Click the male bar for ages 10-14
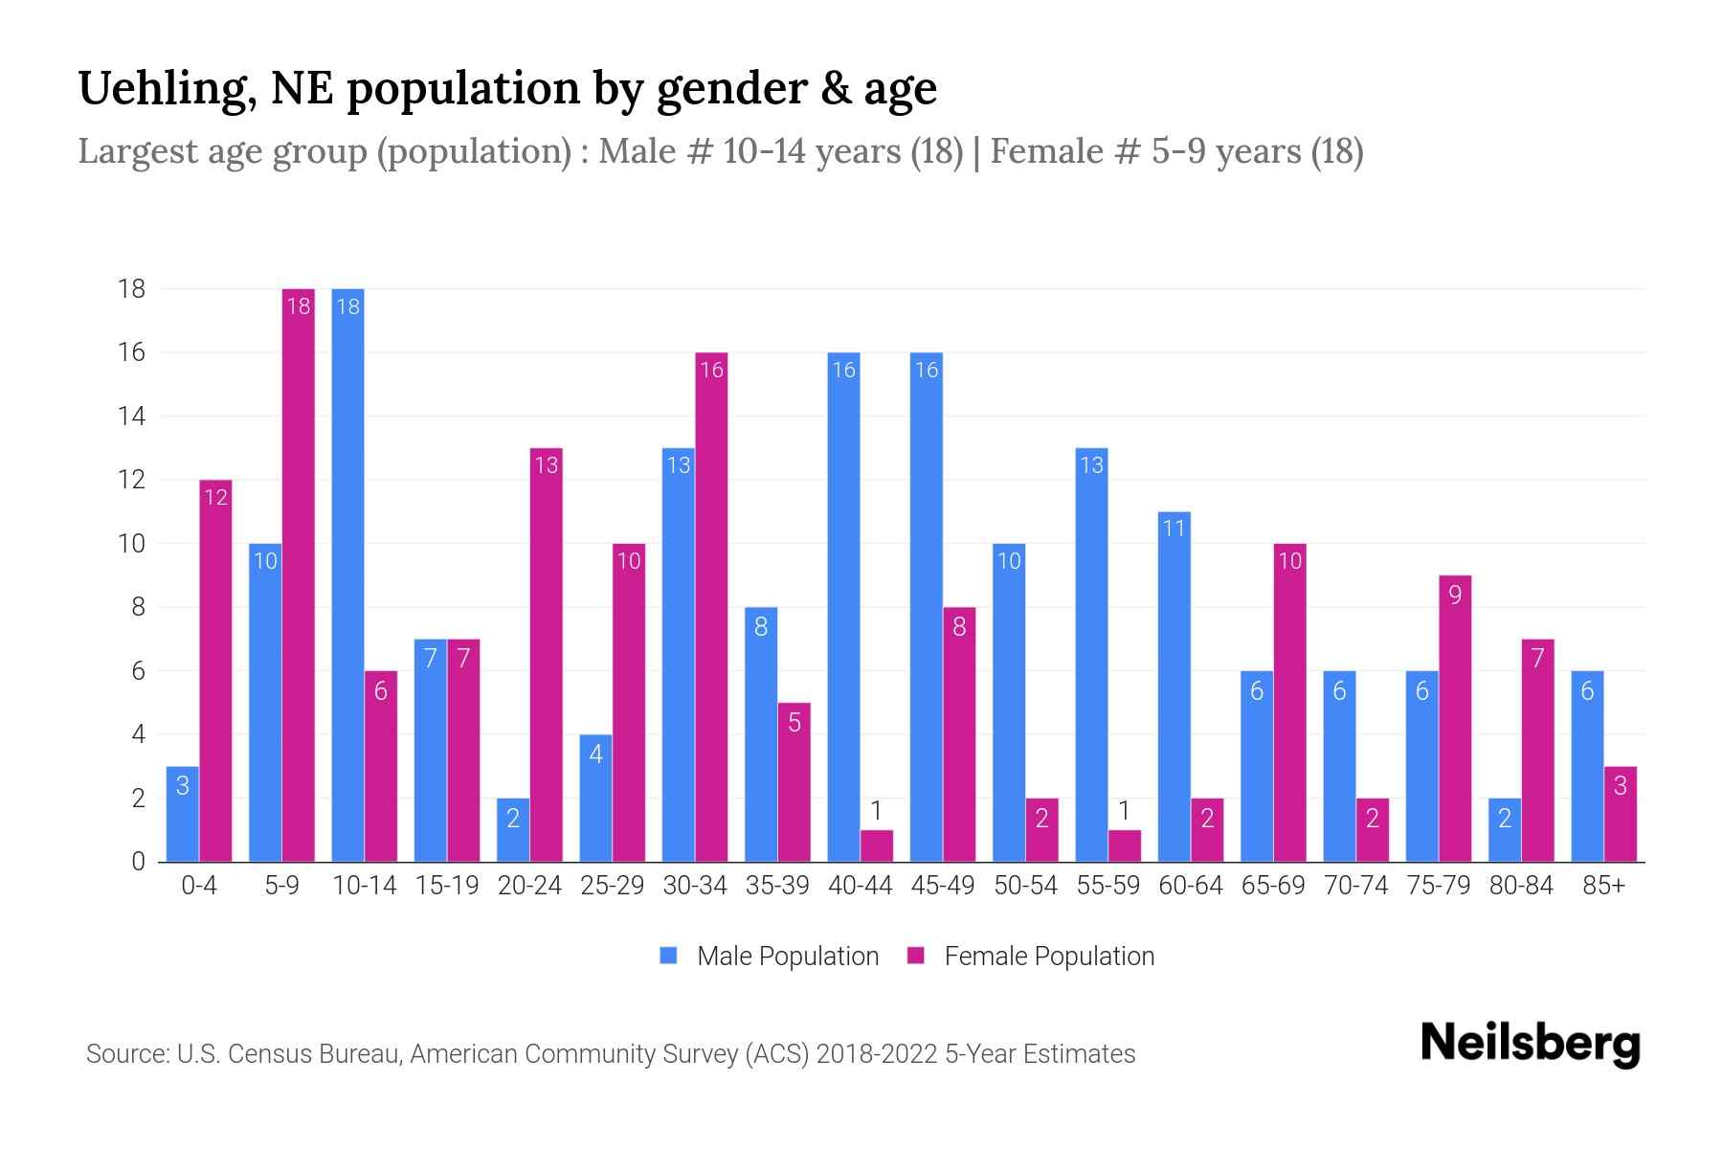[347, 574]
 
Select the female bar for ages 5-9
[299, 574]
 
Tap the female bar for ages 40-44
[876, 845]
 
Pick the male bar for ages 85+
[1587, 766]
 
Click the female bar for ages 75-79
[1455, 718]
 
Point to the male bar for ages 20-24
[513, 830]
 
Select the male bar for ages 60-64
[1174, 687]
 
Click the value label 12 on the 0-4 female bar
[216, 497]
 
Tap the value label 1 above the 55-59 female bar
[1125, 812]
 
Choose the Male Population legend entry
[770, 956]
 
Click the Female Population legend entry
[1031, 956]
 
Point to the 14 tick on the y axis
[131, 417]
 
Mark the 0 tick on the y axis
[139, 862]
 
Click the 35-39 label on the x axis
[777, 886]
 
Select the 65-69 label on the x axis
[1273, 886]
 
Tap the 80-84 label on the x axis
[1520, 886]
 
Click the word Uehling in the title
[166, 89]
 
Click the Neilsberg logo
[1530, 1044]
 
